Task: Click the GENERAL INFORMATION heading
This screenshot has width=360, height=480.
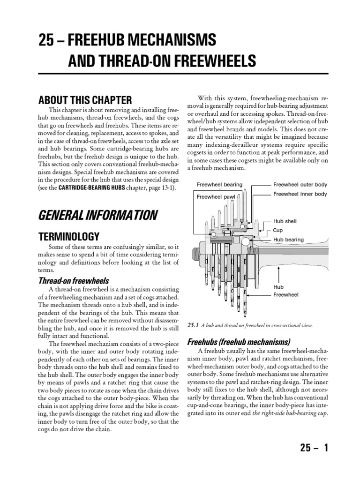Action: (97, 215)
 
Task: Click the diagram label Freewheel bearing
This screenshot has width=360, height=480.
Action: (219, 185)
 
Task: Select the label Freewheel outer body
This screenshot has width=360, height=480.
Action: (300, 185)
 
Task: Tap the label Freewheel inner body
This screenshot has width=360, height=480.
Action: (300, 194)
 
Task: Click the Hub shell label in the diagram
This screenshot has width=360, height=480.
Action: (285, 221)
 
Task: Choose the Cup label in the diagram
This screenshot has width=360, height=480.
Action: (278, 230)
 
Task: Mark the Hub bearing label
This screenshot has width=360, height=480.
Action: (288, 240)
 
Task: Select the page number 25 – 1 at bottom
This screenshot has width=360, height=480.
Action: (314, 448)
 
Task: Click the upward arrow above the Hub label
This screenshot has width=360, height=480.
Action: (279, 272)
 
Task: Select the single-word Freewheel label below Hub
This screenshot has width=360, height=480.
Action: (285, 295)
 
